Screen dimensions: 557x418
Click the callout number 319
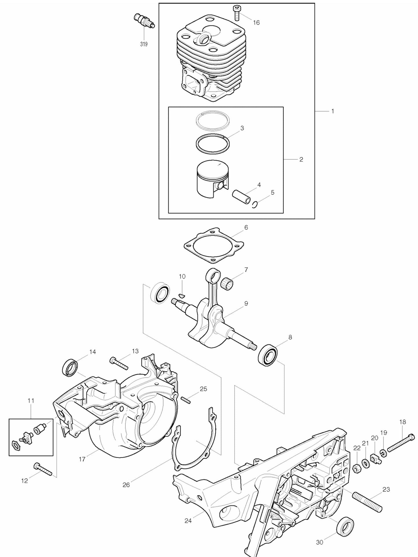[x=144, y=44]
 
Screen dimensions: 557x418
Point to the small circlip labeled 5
[x=255, y=204]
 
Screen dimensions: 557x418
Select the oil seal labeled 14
[x=70, y=367]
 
